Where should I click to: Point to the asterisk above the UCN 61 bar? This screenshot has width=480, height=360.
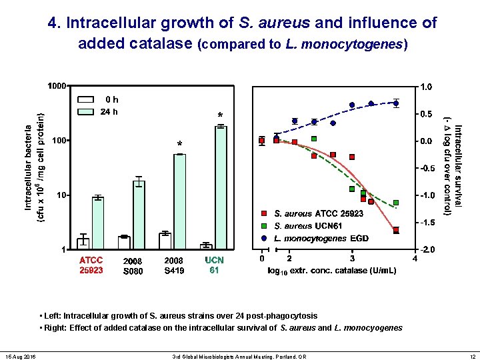220,115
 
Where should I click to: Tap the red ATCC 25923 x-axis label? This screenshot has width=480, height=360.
91,265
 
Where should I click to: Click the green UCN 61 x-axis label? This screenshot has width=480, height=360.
214,265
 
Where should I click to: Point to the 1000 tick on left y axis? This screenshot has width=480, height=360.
57,86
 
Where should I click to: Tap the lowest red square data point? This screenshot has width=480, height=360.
396,230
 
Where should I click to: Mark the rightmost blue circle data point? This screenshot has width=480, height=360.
396,103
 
